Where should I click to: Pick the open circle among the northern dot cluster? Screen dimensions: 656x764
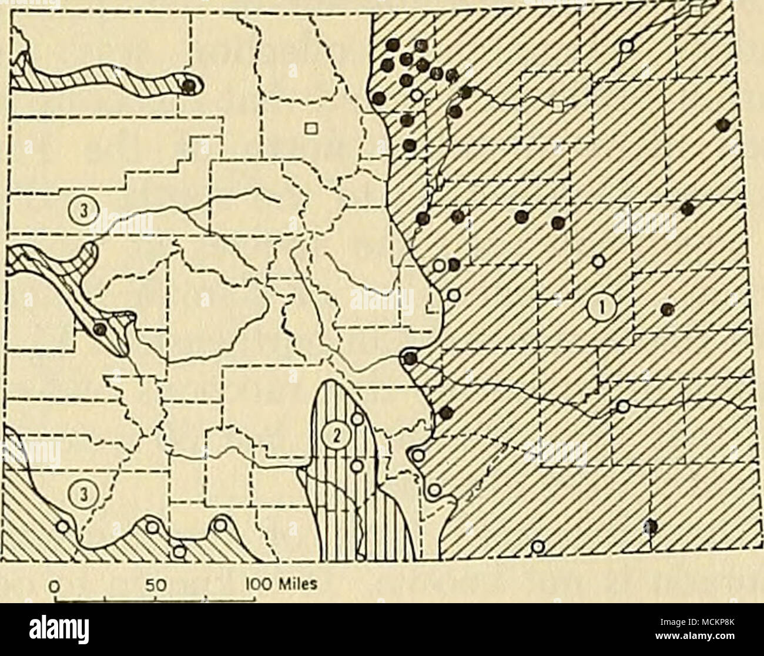tap(417, 95)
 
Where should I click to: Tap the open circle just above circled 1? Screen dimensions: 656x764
tap(598, 261)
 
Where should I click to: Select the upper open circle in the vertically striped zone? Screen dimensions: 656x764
tap(356, 419)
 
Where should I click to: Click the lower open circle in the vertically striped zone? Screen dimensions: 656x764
tap(356, 467)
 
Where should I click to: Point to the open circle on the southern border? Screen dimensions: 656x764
tap(537, 546)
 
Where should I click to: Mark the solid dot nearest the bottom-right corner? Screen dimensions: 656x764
tap(650, 526)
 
